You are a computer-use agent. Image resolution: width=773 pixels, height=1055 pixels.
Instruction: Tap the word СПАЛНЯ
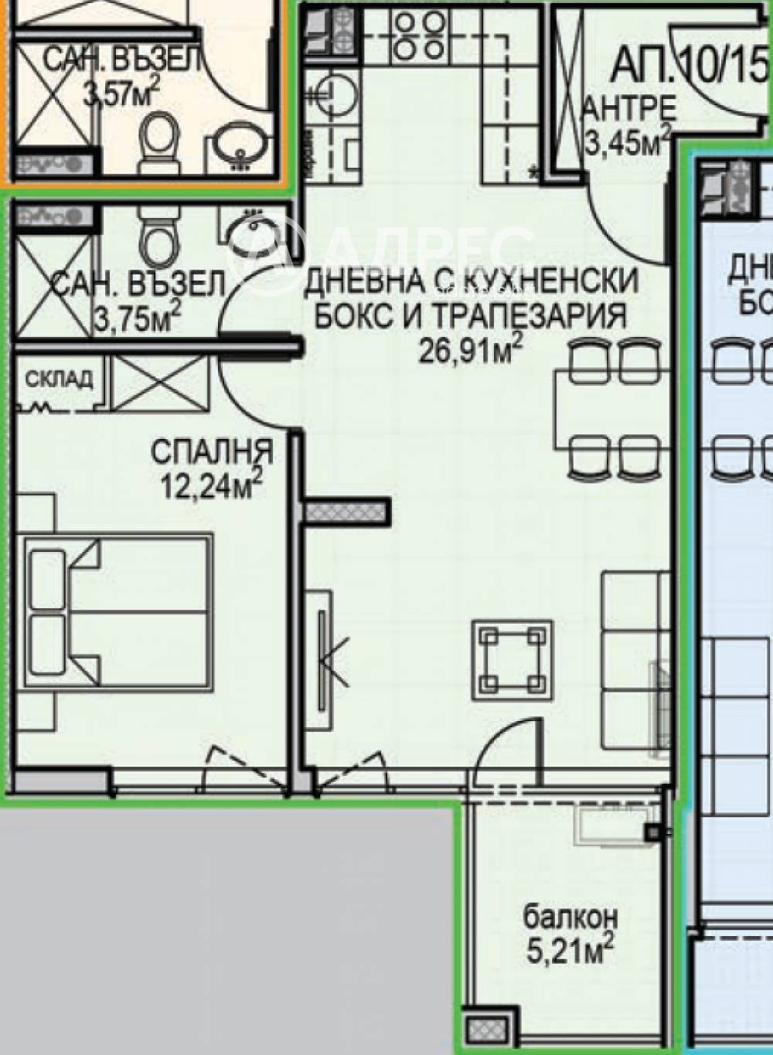pos(211,451)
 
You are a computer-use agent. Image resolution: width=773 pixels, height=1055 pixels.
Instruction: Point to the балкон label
pos(570,917)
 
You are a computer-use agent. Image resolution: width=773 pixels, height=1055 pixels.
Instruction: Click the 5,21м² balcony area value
pos(570,950)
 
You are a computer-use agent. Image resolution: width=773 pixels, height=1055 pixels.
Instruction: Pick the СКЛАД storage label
pos(59,379)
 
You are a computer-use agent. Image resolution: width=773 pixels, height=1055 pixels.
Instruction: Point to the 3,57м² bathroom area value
pos(121,94)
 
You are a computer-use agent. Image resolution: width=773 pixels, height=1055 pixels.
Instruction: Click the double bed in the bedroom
pos(118,611)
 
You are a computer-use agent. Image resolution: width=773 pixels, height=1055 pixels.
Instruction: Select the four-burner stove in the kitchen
pos(417,36)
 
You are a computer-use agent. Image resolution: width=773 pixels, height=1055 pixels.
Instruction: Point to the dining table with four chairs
pos(608,410)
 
